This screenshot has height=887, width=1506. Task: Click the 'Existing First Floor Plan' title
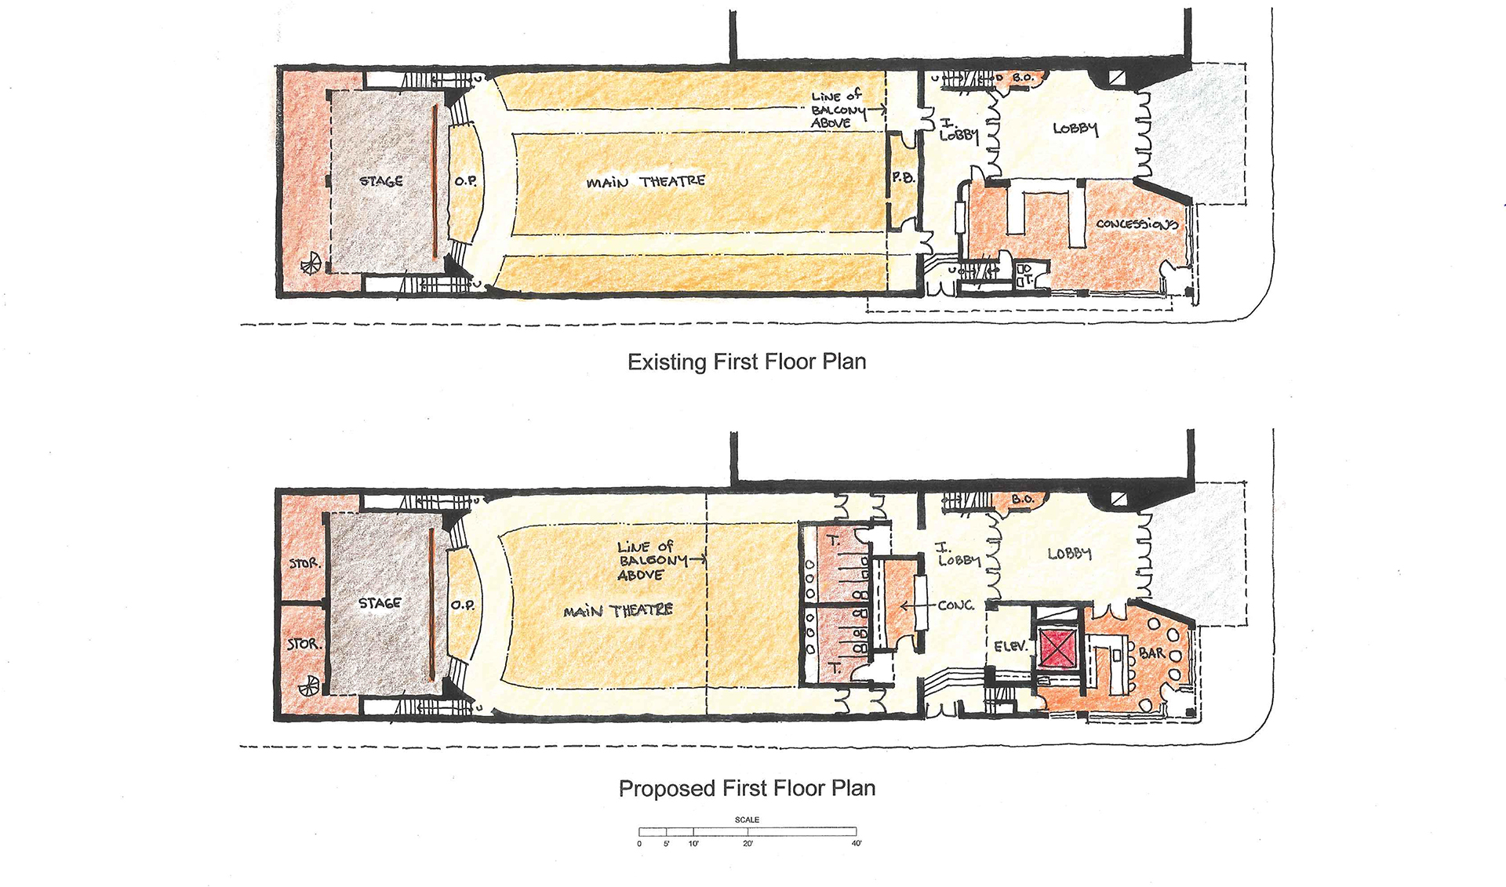pos(747,362)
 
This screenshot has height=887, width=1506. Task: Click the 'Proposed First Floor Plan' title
pos(747,788)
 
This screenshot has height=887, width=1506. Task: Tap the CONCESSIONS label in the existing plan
pos(1137,224)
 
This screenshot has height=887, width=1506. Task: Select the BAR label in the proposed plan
pos(1151,653)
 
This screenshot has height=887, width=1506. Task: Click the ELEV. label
pos(1010,647)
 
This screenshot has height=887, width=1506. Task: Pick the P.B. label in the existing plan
pos(903,178)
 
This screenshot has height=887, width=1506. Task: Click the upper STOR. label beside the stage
pos(304,563)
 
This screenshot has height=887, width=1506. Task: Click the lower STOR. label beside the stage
pos(303,644)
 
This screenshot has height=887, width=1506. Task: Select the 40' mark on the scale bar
pos(857,843)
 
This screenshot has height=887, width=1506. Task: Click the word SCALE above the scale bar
pos(747,820)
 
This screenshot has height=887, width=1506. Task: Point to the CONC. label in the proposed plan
pos(956,605)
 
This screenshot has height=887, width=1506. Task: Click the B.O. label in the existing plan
pos(1023,78)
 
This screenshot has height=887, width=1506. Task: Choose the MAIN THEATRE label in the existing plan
pos(646,182)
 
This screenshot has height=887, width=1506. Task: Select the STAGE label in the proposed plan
pos(380,603)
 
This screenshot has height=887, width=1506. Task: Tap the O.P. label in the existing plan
pos(465,181)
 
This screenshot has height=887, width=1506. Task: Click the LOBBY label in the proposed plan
pos(1069,554)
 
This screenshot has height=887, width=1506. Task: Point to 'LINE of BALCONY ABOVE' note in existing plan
pos(838,109)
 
